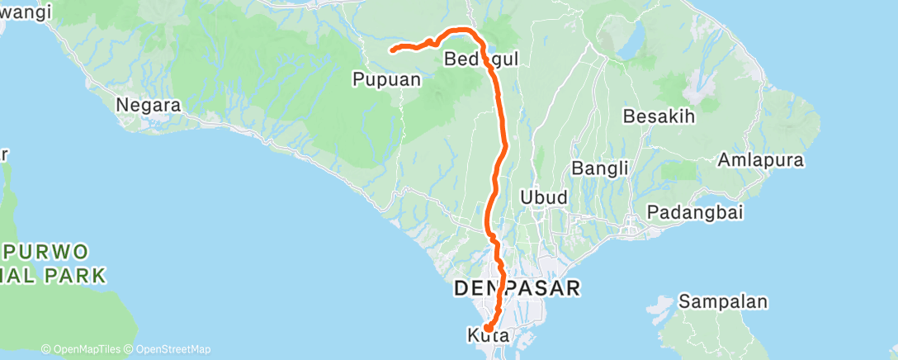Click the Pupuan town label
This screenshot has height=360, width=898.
386,79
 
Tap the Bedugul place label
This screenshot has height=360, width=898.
481,59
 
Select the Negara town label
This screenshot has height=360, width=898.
149,106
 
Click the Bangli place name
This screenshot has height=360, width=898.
601,168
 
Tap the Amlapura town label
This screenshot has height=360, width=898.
761,159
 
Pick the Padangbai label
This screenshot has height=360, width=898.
695,212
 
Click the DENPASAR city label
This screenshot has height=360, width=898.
518,288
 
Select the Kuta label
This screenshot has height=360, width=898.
487,336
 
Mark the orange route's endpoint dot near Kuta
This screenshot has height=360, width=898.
489,329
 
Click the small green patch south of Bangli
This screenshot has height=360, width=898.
679,172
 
